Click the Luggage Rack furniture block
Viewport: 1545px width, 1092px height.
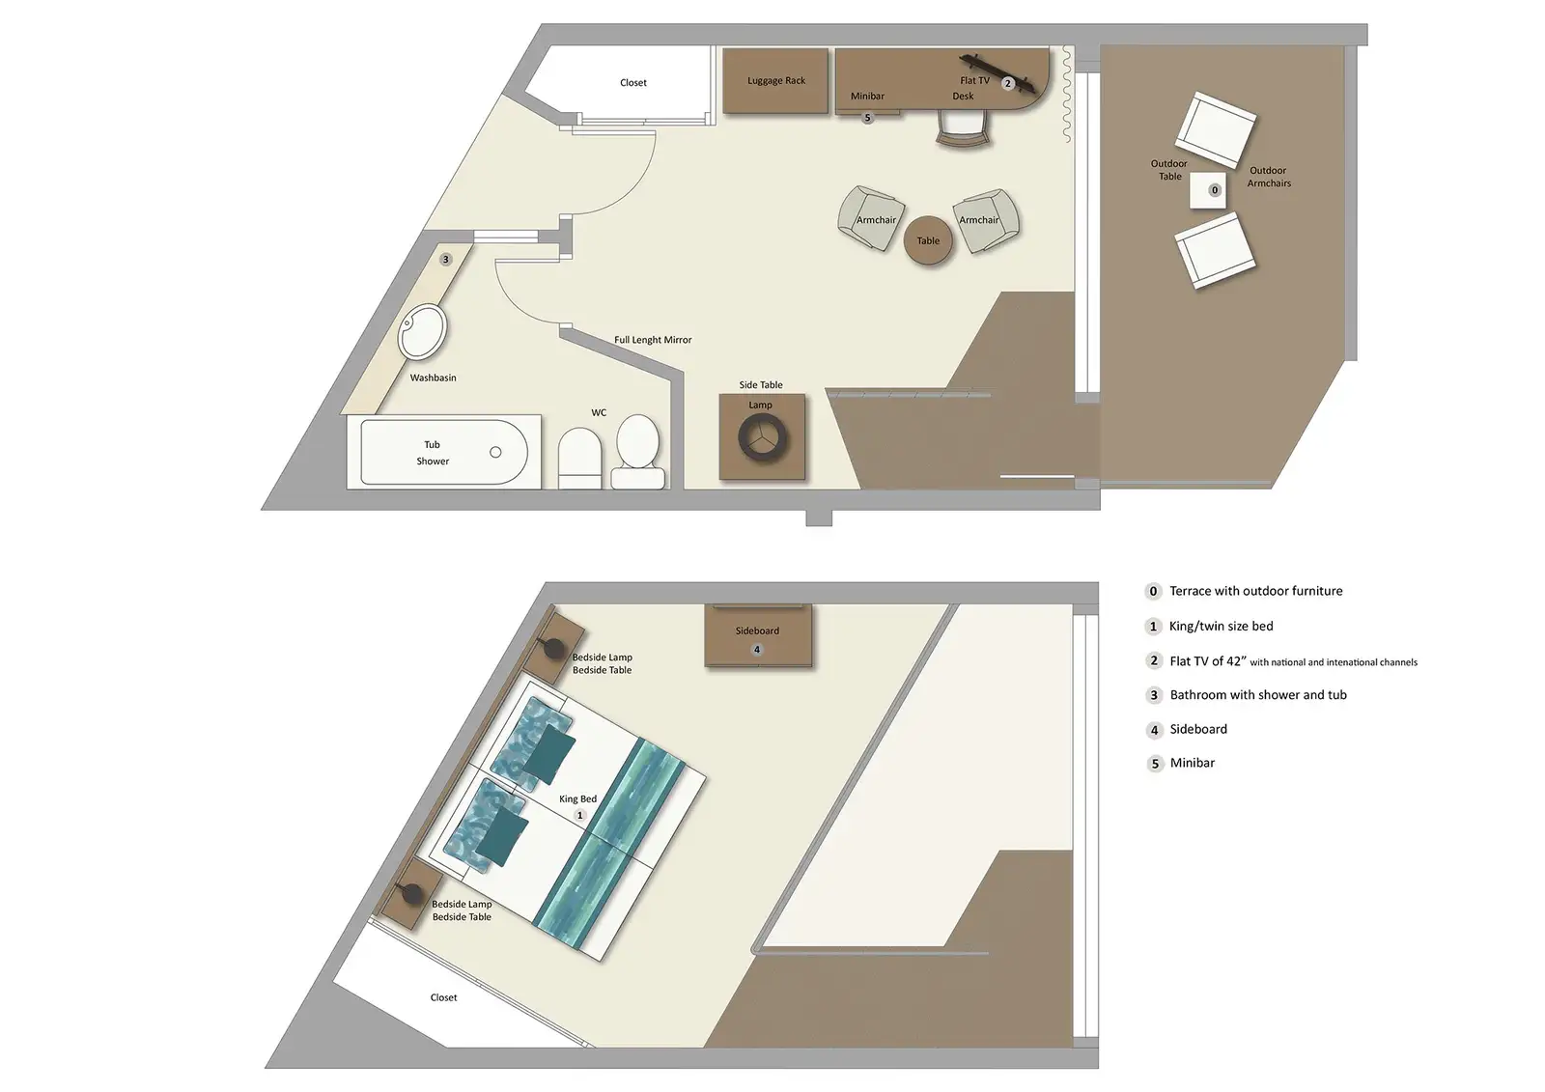pyautogui.click(x=775, y=81)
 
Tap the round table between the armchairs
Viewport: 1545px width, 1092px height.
pyautogui.click(x=928, y=241)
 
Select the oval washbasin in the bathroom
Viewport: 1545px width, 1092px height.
pyautogui.click(x=423, y=331)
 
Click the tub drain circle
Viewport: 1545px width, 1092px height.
pyautogui.click(x=495, y=452)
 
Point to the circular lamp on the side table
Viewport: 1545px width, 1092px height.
pyautogui.click(x=763, y=438)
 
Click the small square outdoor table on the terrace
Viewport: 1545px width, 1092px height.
pyautogui.click(x=1207, y=190)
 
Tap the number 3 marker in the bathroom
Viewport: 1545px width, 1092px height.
pyautogui.click(x=445, y=260)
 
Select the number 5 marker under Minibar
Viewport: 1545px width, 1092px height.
pyautogui.click(x=867, y=118)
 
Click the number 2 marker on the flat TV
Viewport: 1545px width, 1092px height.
pyautogui.click(x=1007, y=84)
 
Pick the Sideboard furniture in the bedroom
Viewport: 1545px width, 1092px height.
pyautogui.click(x=757, y=634)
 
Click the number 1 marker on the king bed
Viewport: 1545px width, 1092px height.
pyautogui.click(x=580, y=816)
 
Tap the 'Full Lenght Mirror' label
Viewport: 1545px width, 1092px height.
pyautogui.click(x=653, y=340)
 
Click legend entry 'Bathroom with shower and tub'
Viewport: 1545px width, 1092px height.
pyautogui.click(x=1257, y=695)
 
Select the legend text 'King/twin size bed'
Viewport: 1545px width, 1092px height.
pyautogui.click(x=1221, y=627)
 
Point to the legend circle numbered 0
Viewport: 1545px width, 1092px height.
pyautogui.click(x=1153, y=591)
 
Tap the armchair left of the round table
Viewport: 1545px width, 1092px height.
pyautogui.click(x=873, y=219)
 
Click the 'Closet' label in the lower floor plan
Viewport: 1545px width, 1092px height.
pyautogui.click(x=443, y=997)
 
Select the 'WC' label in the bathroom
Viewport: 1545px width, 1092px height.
pyautogui.click(x=599, y=412)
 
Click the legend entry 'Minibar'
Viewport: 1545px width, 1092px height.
pyautogui.click(x=1192, y=763)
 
